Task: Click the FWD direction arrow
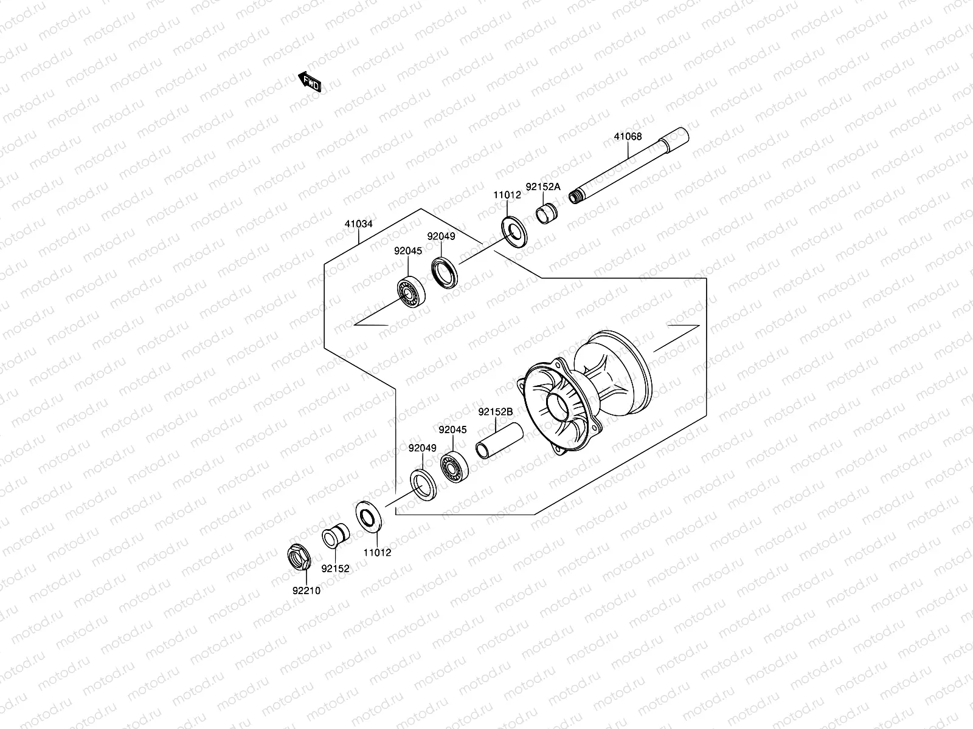click(309, 82)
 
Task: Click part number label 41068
click(628, 137)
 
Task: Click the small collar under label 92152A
click(547, 214)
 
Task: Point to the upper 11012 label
click(507, 195)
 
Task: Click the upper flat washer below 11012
click(514, 230)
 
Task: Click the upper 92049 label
click(441, 236)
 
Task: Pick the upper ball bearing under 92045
click(412, 292)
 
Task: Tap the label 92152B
click(495, 411)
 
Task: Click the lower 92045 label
click(452, 430)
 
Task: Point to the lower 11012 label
click(377, 553)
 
